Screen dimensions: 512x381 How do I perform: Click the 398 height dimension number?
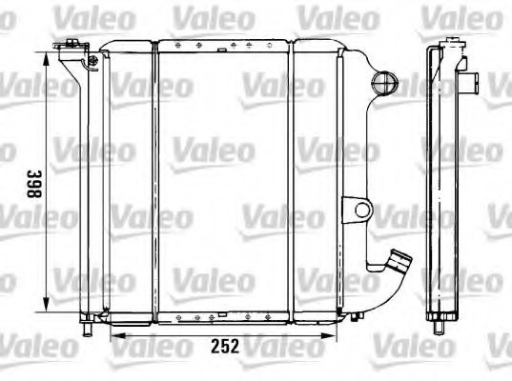[x=34, y=184]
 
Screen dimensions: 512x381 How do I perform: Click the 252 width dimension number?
[x=225, y=346]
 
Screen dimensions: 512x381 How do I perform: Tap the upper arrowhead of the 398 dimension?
[x=47, y=60]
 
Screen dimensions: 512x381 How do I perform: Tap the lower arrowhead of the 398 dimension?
[x=47, y=305]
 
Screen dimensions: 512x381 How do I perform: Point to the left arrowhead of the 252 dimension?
[x=118, y=335]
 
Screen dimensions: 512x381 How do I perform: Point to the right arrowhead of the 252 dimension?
[x=328, y=335]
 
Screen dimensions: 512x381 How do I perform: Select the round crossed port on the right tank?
[x=385, y=82]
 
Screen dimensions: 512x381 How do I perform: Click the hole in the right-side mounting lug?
[x=362, y=210]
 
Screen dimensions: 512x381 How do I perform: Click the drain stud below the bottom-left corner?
[x=87, y=329]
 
